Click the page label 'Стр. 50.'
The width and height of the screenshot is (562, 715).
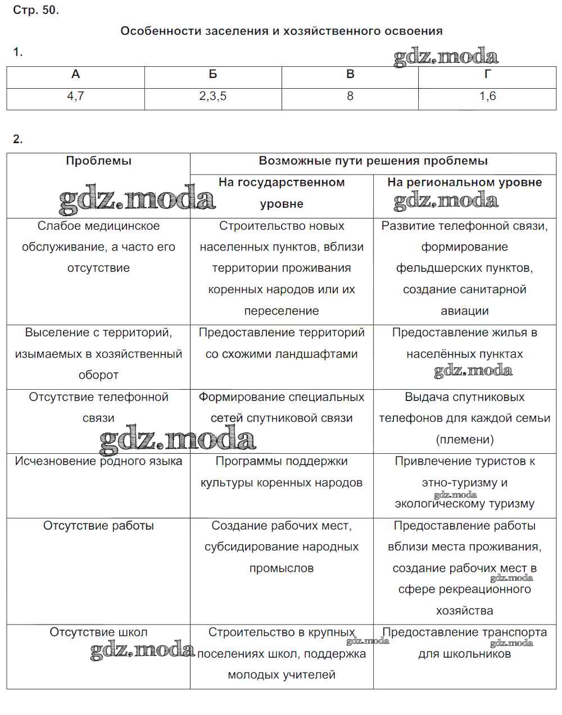(36, 10)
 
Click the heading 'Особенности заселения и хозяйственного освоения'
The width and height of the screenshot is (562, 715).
(281, 31)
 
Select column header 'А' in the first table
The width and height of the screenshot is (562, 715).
(76, 75)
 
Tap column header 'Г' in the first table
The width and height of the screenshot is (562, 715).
(487, 75)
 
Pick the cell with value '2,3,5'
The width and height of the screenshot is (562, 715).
(213, 97)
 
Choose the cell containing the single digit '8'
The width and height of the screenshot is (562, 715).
(350, 97)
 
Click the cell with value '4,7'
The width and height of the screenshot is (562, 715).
(76, 97)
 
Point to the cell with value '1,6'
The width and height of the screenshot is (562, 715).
(487, 97)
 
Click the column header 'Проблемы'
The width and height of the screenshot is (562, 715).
(98, 161)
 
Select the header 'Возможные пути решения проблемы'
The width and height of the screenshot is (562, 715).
(373, 161)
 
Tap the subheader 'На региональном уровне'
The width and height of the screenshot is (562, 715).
(465, 183)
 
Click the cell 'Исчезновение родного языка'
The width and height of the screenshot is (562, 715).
(98, 462)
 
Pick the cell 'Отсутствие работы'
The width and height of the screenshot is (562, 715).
(98, 526)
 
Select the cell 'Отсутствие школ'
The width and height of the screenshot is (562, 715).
(98, 633)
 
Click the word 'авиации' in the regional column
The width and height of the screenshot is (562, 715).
(465, 311)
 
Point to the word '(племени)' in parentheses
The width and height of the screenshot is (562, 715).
(465, 440)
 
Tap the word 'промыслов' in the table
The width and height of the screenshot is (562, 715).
(282, 568)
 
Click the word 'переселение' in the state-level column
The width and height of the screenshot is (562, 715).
(282, 311)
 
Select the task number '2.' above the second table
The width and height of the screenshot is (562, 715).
(18, 140)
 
